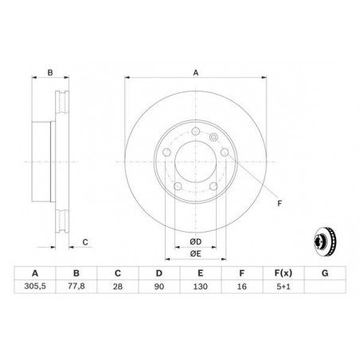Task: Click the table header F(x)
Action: [282, 271]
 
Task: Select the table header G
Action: [323, 271]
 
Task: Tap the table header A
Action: [36, 271]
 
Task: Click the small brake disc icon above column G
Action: [323, 239]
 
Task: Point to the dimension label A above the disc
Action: [195, 72]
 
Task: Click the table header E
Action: [201, 271]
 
